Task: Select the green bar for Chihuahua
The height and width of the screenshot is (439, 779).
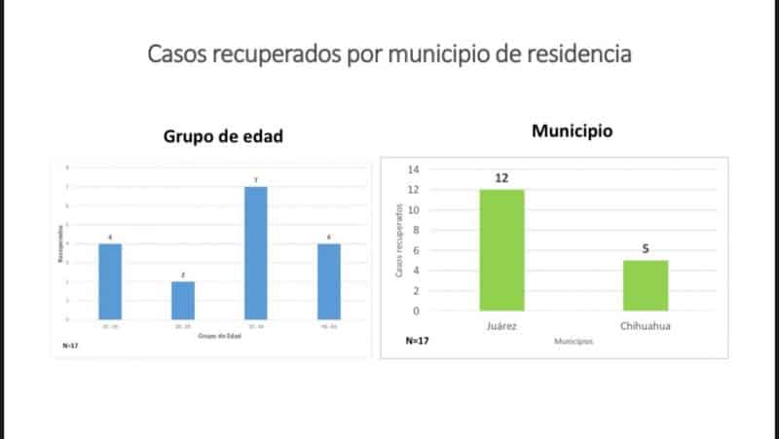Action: point(646,285)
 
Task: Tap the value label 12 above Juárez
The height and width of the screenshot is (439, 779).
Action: point(501,177)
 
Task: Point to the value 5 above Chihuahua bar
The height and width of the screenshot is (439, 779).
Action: point(646,248)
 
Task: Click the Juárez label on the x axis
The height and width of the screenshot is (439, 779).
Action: point(501,326)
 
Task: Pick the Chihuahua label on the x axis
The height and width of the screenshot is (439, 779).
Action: point(646,326)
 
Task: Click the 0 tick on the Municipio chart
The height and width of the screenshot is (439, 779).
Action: point(416,311)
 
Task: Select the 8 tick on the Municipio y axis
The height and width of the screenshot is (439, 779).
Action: point(416,231)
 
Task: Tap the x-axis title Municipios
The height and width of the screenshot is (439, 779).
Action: point(573,342)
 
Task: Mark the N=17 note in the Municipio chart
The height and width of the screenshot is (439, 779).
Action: point(418,342)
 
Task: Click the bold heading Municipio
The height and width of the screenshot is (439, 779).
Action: point(572,130)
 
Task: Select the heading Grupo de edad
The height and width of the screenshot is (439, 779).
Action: point(222,136)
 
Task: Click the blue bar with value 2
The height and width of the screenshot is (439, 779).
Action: point(183,300)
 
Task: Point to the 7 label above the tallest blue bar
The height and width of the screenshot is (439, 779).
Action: point(254,180)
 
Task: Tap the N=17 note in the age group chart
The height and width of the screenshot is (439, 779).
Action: point(69,346)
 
